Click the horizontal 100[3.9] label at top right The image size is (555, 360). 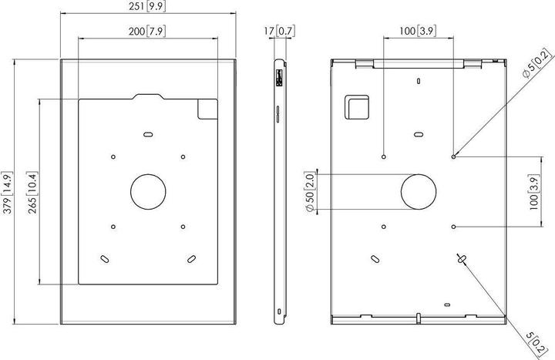[x=419, y=32]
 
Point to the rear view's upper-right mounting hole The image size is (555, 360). [x=454, y=156]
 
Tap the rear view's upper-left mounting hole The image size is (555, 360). [x=384, y=156]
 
